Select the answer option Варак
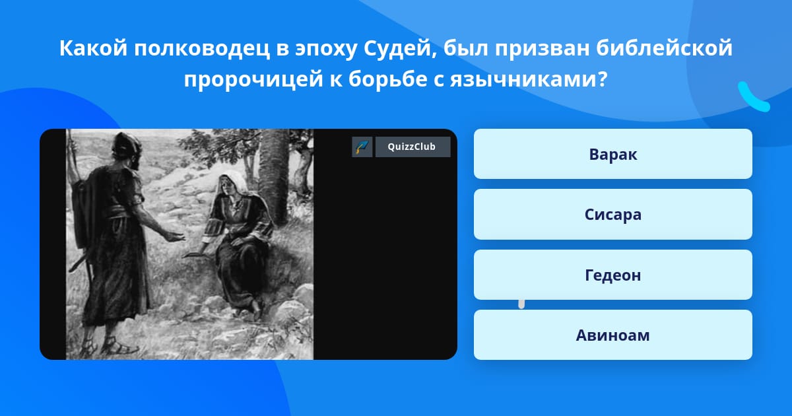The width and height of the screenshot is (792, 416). click(612, 154)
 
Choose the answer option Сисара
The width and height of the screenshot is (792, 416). click(612, 215)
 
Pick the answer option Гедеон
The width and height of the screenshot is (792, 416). click(612, 275)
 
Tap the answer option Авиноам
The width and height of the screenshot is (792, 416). click(612, 335)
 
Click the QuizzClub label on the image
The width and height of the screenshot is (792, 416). click(412, 147)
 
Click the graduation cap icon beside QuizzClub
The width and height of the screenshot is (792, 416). click(362, 147)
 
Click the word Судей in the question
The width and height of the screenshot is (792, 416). click(401, 49)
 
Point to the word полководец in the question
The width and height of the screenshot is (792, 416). click(201, 49)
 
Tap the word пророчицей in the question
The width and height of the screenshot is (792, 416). click(253, 80)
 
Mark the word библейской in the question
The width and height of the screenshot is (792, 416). click(665, 49)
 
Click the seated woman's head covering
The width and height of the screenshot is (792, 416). click(234, 183)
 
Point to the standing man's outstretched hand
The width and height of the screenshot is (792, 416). click(176, 236)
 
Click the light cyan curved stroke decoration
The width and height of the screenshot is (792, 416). click(753, 97)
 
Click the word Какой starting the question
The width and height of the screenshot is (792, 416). click(93, 49)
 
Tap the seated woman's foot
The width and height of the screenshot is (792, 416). click(255, 310)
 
